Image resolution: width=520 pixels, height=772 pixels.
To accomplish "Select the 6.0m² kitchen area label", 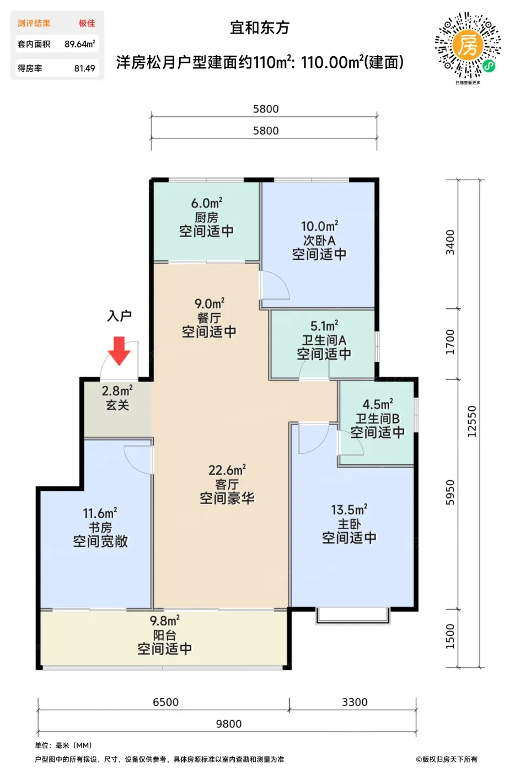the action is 207,203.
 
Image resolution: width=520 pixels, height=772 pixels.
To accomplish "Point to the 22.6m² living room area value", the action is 227,470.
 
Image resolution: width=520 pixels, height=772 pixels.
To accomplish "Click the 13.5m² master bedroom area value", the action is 349,510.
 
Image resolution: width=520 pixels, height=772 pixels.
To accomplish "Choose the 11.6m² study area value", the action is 100,513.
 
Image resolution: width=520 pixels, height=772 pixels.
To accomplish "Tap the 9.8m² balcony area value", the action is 164,621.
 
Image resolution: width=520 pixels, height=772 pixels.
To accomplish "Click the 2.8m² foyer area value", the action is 117,391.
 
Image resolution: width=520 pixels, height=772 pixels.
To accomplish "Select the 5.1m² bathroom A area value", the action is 324,326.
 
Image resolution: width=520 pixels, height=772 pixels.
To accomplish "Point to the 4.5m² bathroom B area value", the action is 378,404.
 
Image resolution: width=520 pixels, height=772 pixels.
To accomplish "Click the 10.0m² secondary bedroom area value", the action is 319,227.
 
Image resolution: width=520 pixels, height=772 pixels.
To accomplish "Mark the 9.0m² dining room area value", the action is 210,304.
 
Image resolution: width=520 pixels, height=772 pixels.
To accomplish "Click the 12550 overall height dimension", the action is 471,421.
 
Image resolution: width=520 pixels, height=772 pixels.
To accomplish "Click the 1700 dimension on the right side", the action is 450,342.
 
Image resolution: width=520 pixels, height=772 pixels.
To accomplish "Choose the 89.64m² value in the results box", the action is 80,44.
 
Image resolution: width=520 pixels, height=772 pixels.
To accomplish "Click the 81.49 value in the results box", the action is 84,68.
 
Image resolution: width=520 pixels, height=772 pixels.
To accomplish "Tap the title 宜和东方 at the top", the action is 260,28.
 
